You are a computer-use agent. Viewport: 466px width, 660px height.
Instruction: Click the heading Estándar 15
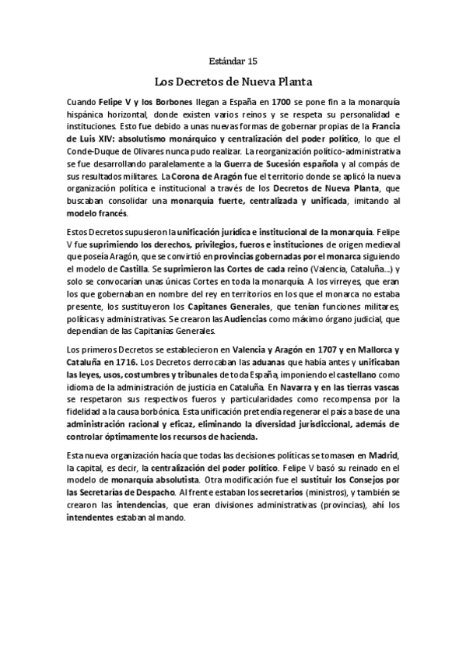coord(233,60)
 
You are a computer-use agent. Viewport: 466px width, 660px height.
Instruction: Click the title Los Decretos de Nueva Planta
coord(233,80)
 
